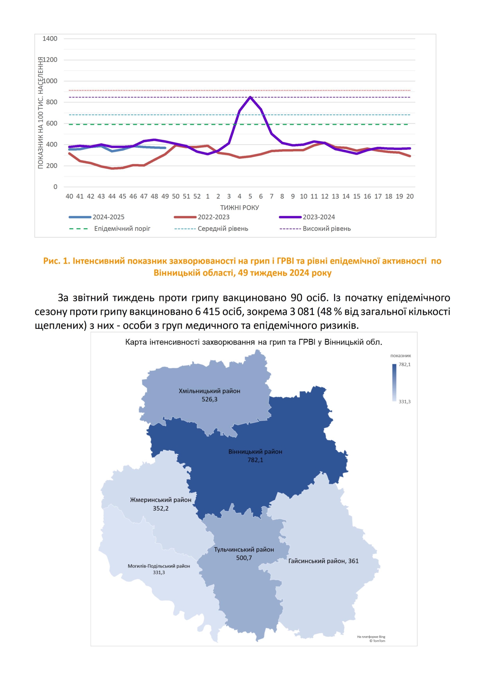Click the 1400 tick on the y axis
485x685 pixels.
[50, 39]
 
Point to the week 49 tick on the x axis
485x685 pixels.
[165, 196]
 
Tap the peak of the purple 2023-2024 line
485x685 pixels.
[250, 97]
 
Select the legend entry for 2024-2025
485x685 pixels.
[108, 217]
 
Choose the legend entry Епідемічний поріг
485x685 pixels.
[122, 229]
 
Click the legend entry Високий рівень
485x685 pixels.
[326, 229]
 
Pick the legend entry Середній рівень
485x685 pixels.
[223, 229]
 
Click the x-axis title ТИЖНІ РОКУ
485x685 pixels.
[239, 208]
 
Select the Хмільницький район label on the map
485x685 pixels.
[209, 391]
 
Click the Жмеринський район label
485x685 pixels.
[161, 500]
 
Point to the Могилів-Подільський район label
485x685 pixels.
[159, 566]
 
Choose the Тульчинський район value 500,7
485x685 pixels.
[244, 558]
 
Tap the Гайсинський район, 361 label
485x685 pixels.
[323, 561]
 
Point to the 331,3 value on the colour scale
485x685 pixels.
[404, 402]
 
